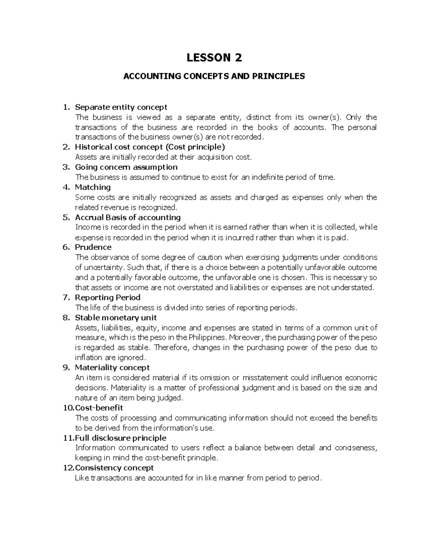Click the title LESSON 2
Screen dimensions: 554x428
point(214,57)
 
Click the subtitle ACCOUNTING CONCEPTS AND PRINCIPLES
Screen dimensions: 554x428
point(214,76)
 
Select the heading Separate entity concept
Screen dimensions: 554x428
point(121,107)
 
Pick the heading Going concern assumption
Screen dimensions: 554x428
point(126,167)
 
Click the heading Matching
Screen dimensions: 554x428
point(93,187)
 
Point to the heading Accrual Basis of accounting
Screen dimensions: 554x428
point(128,217)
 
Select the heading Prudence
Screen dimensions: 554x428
point(93,247)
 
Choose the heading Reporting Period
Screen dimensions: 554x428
point(107,297)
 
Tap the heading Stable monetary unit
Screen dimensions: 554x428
point(116,317)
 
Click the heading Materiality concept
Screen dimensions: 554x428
point(112,367)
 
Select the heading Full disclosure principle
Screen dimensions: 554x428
point(121,438)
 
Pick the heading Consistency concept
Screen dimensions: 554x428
point(114,468)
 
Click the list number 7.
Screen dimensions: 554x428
point(65,297)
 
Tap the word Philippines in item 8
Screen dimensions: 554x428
point(207,337)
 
